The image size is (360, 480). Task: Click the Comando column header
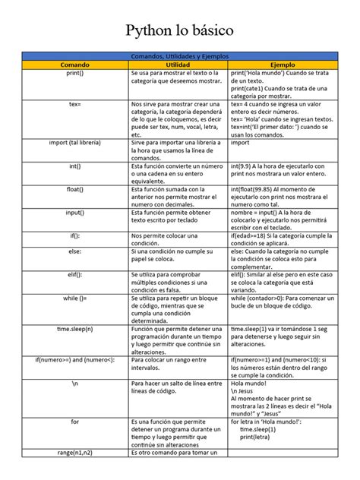pyautogui.click(x=74, y=66)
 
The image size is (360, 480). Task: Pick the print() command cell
pyautogui.click(x=74, y=74)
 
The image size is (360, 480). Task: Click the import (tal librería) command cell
pyautogui.click(x=74, y=142)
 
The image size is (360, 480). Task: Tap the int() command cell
pyautogui.click(x=74, y=165)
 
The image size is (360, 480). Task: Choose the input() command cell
pyautogui.click(x=74, y=214)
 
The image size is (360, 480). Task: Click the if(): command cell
pyautogui.click(x=74, y=237)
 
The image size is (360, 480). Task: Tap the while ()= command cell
pyautogui.click(x=74, y=299)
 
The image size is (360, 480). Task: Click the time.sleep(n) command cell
pyautogui.click(x=74, y=329)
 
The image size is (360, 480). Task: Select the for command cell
pyautogui.click(x=74, y=420)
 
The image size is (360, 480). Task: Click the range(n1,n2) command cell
pyautogui.click(x=74, y=453)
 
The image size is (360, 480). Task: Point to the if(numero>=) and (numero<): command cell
pyautogui.click(x=74, y=359)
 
